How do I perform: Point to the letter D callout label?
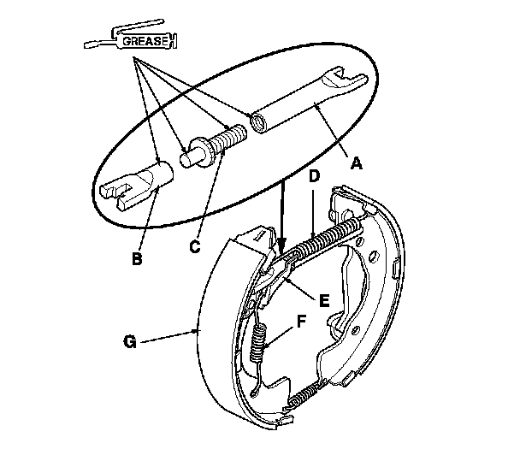tap(315, 176)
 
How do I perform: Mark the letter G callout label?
tap(129, 343)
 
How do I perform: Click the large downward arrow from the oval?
tap(281, 214)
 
